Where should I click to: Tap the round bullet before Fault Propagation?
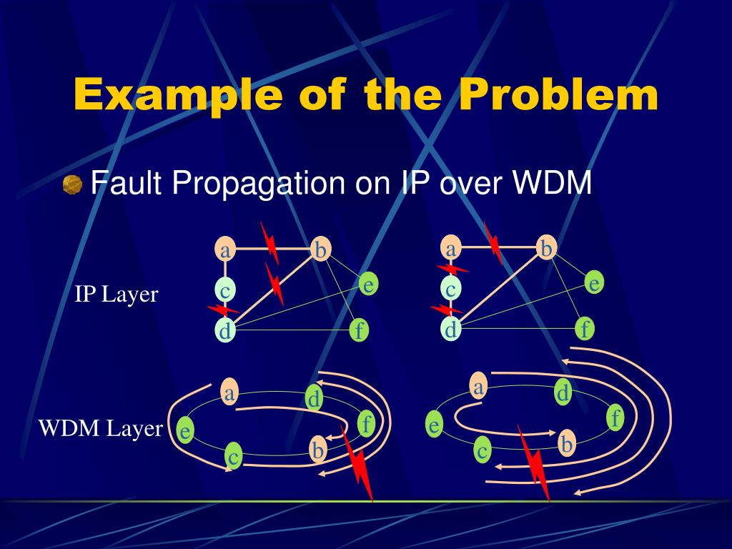pyautogui.click(x=72, y=185)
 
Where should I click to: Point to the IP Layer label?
pyautogui.click(x=116, y=295)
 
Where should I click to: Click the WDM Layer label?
pyautogui.click(x=100, y=428)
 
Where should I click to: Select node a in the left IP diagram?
pyautogui.click(x=225, y=250)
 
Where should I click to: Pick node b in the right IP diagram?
pyautogui.click(x=547, y=248)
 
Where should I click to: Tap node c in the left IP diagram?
pyautogui.click(x=225, y=291)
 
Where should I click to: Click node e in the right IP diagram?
pyautogui.click(x=594, y=283)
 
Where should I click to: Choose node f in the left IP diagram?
pyautogui.click(x=360, y=330)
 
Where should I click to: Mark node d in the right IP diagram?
pyautogui.click(x=450, y=330)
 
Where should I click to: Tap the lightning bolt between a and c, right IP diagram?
pyautogui.click(x=452, y=269)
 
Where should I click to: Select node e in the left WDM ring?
pyautogui.click(x=185, y=431)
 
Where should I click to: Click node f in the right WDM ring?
pyautogui.click(x=615, y=417)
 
